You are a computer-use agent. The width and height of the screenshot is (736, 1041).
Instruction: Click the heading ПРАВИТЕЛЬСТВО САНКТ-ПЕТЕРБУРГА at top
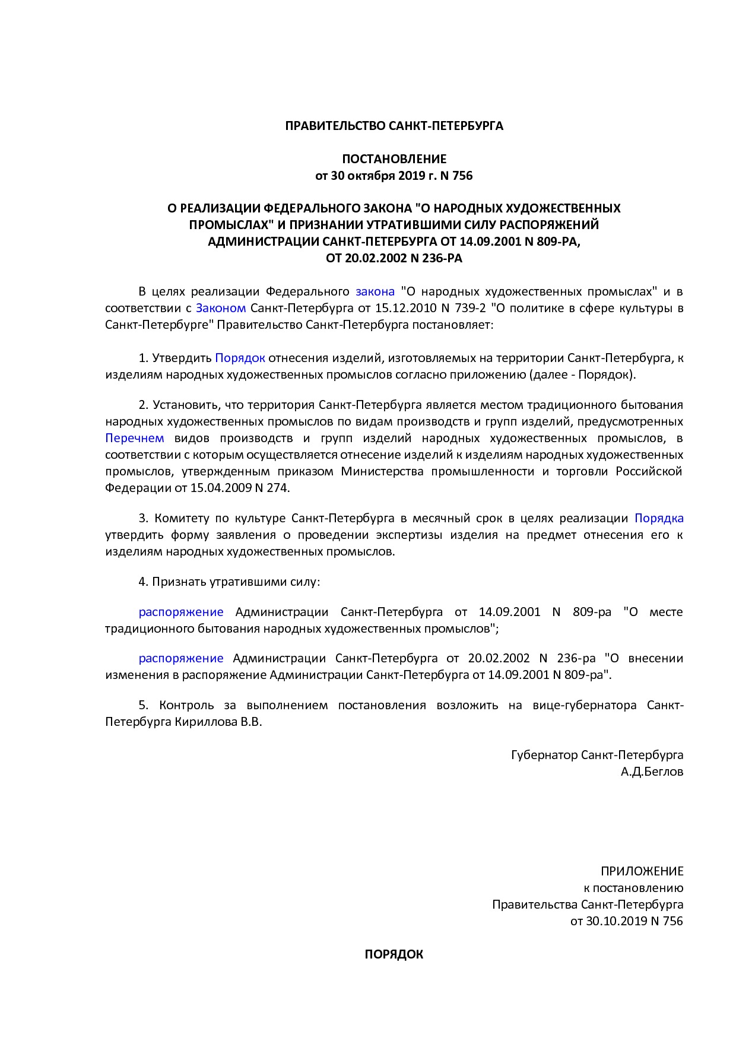pos(394,126)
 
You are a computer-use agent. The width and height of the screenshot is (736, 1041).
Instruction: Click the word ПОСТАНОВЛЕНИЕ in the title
pos(394,159)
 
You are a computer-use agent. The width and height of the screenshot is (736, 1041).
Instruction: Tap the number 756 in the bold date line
pos(462,176)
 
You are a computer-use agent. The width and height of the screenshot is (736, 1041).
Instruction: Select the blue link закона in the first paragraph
pos(375,291)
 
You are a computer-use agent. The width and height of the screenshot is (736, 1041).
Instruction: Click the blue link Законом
pos(221,308)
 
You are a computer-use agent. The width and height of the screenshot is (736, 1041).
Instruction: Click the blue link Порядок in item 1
pos(240,358)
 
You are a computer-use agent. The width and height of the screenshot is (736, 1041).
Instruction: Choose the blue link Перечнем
pos(135,438)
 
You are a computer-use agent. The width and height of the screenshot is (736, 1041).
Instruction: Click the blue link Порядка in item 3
pos(659,518)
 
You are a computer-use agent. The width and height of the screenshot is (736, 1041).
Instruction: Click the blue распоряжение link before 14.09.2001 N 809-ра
pos(181,612)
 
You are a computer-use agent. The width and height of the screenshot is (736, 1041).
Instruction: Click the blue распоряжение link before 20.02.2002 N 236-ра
pos(181,658)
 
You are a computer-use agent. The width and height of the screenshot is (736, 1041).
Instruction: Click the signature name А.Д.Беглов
pos(652,772)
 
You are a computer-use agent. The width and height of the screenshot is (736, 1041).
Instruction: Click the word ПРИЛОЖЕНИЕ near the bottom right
pos(642,871)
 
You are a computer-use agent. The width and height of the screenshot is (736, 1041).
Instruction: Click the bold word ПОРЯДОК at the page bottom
pos(394,954)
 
